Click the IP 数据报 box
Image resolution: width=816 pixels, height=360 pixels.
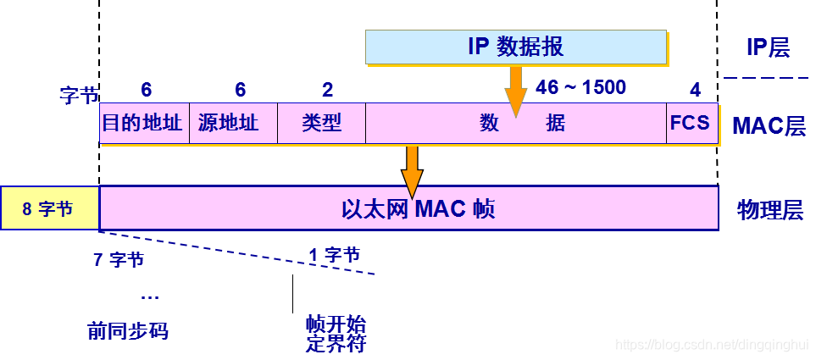[516, 47]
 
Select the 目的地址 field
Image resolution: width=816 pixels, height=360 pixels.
[143, 124]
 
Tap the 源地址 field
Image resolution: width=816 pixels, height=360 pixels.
[232, 124]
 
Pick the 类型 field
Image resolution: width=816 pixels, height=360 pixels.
[321, 124]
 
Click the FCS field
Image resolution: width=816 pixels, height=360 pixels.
[690, 123]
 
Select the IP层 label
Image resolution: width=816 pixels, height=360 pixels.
[767, 47]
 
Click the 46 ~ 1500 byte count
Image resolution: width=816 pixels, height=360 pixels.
[580, 87]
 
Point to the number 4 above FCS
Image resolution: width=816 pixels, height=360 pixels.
[695, 90]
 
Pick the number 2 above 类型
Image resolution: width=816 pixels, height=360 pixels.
[327, 90]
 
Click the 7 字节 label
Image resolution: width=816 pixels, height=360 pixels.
[119, 260]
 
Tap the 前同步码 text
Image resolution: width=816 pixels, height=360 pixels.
[128, 330]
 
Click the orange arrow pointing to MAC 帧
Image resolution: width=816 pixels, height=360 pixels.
[412, 169]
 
